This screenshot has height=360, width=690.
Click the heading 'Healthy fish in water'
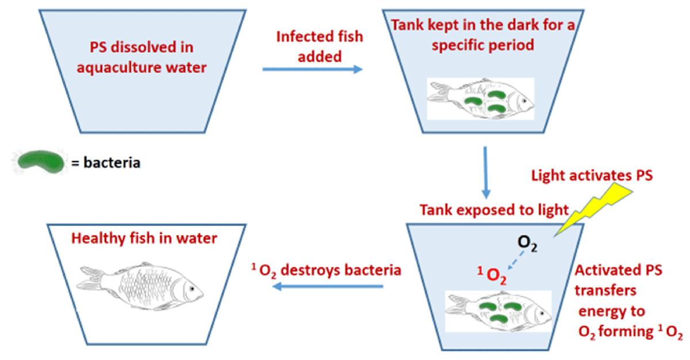click(x=144, y=238)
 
